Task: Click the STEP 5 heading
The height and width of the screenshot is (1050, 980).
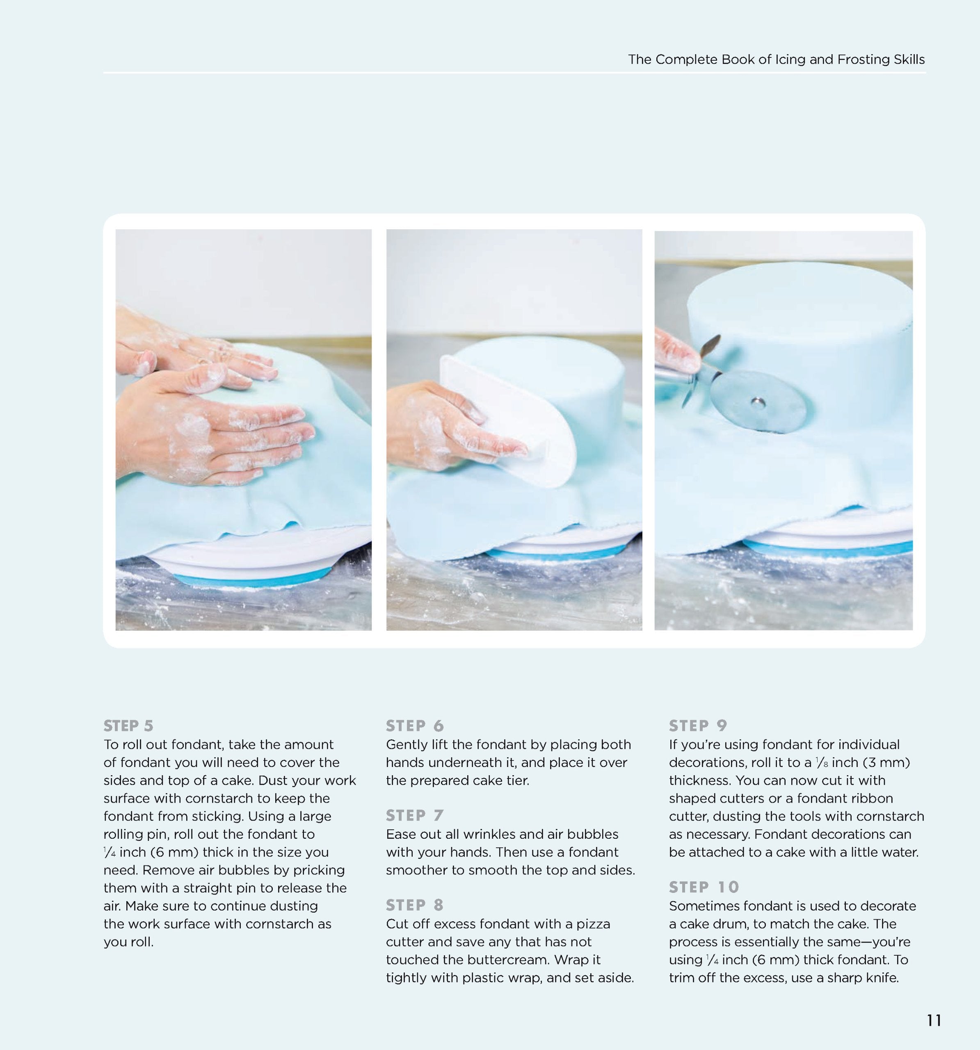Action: (x=128, y=726)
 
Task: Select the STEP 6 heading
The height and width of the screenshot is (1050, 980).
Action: (x=415, y=726)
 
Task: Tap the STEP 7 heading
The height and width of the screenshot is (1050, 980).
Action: (x=415, y=815)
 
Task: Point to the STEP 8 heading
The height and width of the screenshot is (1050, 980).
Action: (x=415, y=905)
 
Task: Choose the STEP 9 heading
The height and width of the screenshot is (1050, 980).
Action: (x=698, y=726)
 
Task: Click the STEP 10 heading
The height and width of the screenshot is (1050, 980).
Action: (x=704, y=887)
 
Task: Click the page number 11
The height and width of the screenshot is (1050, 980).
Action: (x=934, y=1020)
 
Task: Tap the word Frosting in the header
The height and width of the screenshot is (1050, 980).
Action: (x=861, y=60)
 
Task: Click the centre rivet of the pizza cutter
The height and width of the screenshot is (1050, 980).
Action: (x=758, y=402)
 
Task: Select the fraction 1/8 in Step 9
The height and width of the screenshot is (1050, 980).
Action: (x=822, y=762)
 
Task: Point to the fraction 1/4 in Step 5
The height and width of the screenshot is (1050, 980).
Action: (x=110, y=852)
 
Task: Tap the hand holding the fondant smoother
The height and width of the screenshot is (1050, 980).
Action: (x=439, y=422)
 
